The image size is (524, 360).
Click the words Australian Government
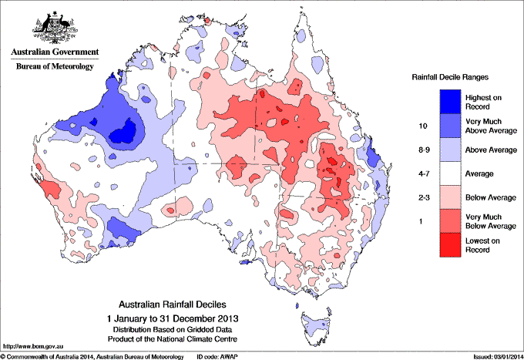click(x=55, y=52)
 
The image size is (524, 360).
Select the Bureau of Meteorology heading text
click(x=55, y=67)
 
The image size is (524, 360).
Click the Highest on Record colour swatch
click(x=451, y=100)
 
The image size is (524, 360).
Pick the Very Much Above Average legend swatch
click(x=451, y=125)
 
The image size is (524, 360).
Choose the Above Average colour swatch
click(x=451, y=150)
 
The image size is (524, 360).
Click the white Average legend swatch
click(x=451, y=174)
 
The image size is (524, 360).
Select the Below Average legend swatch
click(x=451, y=199)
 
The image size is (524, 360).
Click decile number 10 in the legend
click(x=422, y=125)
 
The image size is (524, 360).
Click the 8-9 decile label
click(x=422, y=150)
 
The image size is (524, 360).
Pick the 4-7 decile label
click(x=422, y=174)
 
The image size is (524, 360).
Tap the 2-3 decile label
click(x=422, y=199)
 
